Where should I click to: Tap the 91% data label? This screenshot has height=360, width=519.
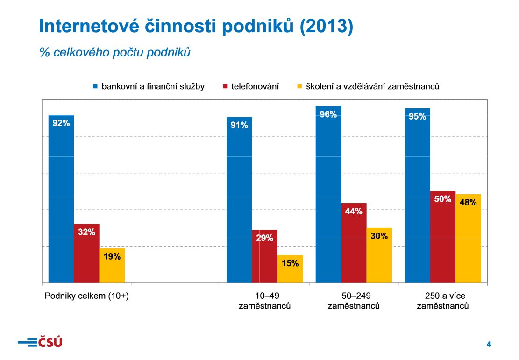[239, 125]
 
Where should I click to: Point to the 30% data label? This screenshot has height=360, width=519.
[379, 236]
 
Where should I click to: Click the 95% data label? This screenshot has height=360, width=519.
[417, 117]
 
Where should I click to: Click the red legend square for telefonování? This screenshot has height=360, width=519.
[225, 86]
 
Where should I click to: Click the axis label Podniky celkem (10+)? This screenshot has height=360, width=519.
[86, 296]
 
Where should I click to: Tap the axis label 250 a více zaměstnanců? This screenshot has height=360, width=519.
[443, 301]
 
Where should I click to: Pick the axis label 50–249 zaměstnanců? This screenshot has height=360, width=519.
[354, 301]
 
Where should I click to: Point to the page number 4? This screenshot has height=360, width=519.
[489, 345]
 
